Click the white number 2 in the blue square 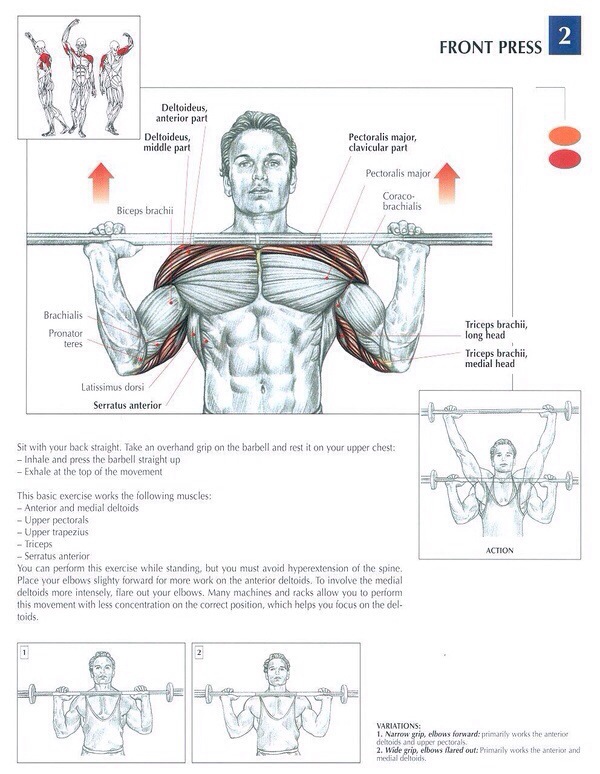coord(564,36)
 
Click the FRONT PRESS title coord(490,47)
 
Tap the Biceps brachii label coord(145,211)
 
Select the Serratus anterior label coord(127,405)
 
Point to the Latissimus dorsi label coord(112,387)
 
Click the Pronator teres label coord(66,338)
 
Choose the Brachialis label coord(63,315)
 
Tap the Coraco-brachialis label coord(402,201)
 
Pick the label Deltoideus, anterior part coord(182,113)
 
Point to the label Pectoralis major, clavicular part coord(382,142)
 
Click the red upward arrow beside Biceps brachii coord(101,183)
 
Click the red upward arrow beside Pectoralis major coord(447,183)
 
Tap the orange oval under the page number coord(565,136)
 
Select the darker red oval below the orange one coord(565,159)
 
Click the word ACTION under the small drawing coord(500,550)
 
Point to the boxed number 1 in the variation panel coord(24,653)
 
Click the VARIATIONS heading coord(399,726)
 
